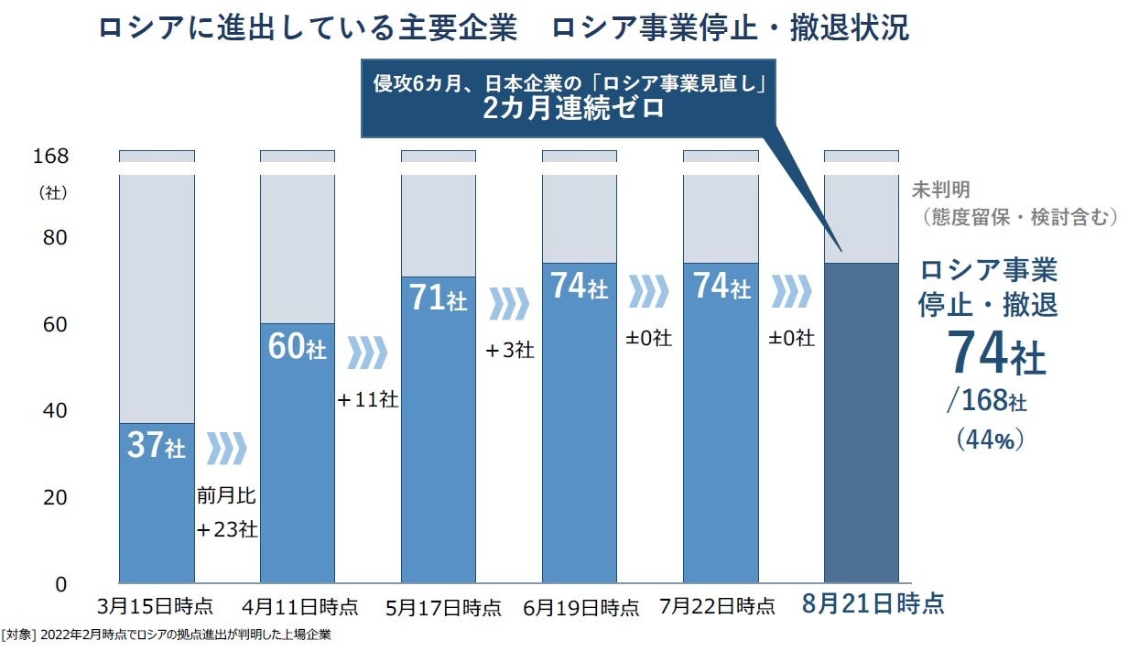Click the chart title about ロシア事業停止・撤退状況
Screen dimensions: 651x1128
point(503,27)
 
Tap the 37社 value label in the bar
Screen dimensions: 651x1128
point(157,446)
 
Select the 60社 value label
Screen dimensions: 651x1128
point(298,347)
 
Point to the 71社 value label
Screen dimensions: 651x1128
point(438,298)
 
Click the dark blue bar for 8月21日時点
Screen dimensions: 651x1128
point(861,422)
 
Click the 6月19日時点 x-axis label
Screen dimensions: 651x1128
point(581,606)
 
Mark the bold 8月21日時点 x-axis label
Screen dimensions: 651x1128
point(873,604)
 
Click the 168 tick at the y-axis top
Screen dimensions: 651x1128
point(50,156)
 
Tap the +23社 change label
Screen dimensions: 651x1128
point(226,530)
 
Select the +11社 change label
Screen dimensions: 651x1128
point(367,399)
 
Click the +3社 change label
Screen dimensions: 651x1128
point(509,350)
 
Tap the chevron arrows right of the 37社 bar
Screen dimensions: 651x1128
point(226,449)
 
